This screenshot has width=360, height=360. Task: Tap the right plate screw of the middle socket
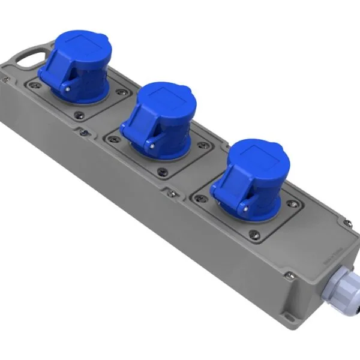click(x=206, y=146)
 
